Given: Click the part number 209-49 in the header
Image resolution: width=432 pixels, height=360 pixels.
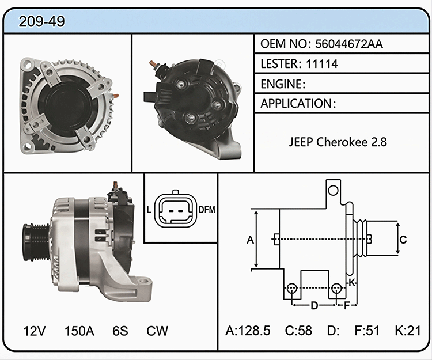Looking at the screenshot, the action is coord(41,21).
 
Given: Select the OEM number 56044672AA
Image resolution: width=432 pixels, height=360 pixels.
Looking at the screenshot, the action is coord(349,44).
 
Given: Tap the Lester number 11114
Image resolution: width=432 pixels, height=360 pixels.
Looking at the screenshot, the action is coord(322,64).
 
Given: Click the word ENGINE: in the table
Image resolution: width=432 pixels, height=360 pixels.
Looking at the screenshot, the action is coord(283,84).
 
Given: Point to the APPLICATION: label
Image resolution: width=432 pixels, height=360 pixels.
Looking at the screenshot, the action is coord(298,104).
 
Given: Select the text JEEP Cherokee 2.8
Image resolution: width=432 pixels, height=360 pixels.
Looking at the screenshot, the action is coord(338,142).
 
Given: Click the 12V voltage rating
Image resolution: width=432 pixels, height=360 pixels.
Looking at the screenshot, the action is coord(35,331).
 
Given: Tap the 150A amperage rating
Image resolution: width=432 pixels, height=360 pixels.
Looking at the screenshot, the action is coord(79,331).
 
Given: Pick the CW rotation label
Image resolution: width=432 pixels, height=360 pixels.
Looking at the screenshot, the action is coord(157,331).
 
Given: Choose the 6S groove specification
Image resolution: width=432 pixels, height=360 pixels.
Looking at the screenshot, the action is coord(120,331).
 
